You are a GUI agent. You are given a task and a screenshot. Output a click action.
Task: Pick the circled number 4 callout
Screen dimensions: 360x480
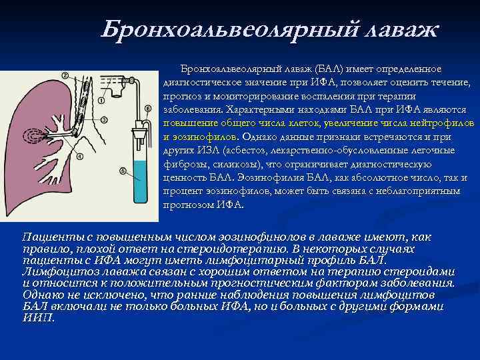point(79,157)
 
